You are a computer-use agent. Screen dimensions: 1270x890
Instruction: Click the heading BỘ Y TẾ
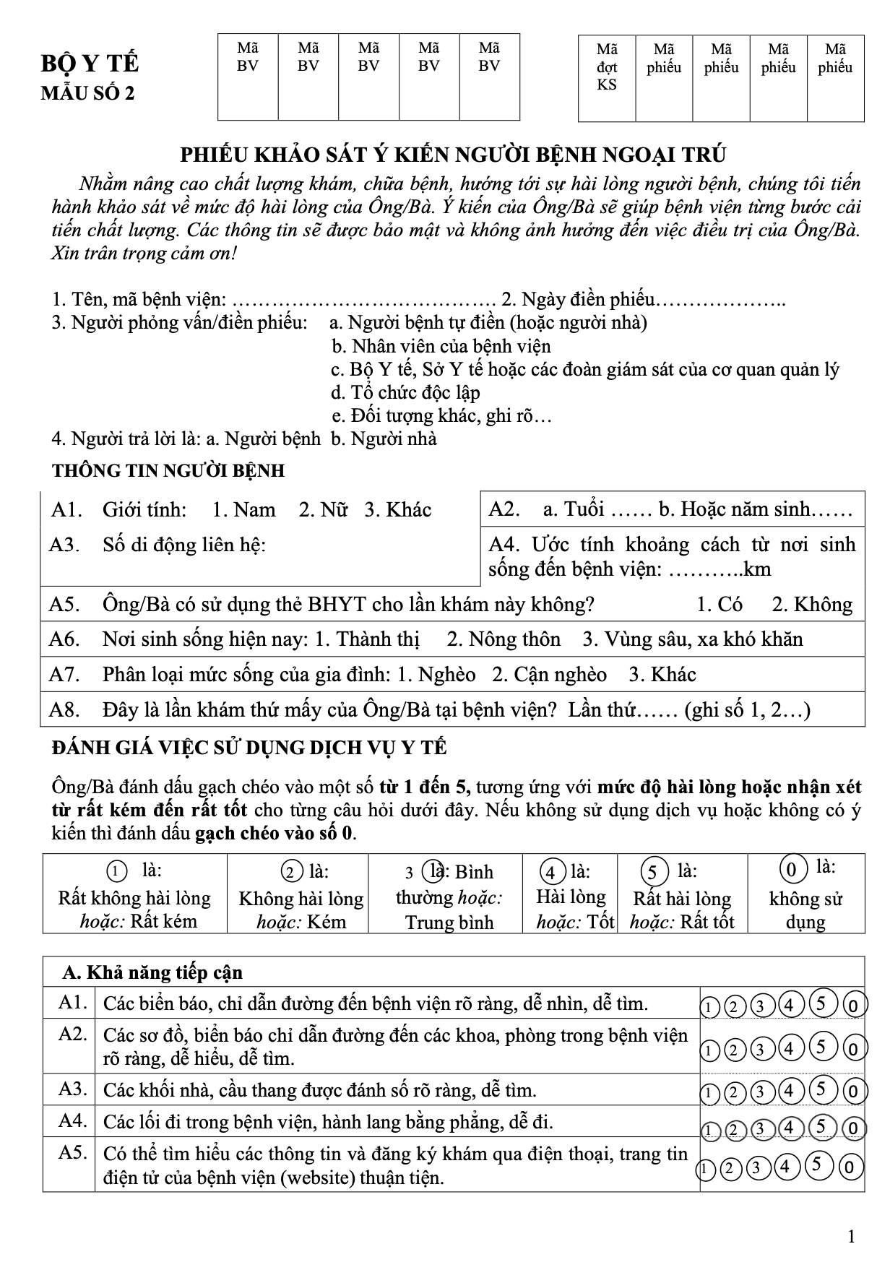90,64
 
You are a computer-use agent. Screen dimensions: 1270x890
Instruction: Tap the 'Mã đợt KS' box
607,78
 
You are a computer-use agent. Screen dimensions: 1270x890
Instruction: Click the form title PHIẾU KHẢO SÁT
453,155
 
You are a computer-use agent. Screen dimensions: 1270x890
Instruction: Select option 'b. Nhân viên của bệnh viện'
441,346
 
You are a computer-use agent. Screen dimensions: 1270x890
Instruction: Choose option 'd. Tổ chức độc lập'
405,392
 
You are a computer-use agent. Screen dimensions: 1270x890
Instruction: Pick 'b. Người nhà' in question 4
384,439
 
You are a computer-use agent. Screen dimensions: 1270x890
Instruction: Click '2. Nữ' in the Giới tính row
323,509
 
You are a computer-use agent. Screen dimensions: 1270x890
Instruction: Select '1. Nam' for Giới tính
243,509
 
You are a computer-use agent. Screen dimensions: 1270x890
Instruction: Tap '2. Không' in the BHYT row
812,604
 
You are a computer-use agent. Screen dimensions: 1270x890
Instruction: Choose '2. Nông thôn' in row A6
504,639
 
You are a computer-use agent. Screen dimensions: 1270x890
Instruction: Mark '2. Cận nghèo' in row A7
549,674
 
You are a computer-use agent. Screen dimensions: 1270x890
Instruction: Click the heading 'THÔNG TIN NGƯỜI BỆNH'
168,471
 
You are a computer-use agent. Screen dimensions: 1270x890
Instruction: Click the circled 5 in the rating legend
652,872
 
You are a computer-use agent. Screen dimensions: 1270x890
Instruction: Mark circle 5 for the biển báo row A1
821,1003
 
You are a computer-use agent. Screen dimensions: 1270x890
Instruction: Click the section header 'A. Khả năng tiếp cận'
152,972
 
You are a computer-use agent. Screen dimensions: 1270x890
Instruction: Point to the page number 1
851,1237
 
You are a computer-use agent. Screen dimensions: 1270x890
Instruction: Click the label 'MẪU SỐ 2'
87,94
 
